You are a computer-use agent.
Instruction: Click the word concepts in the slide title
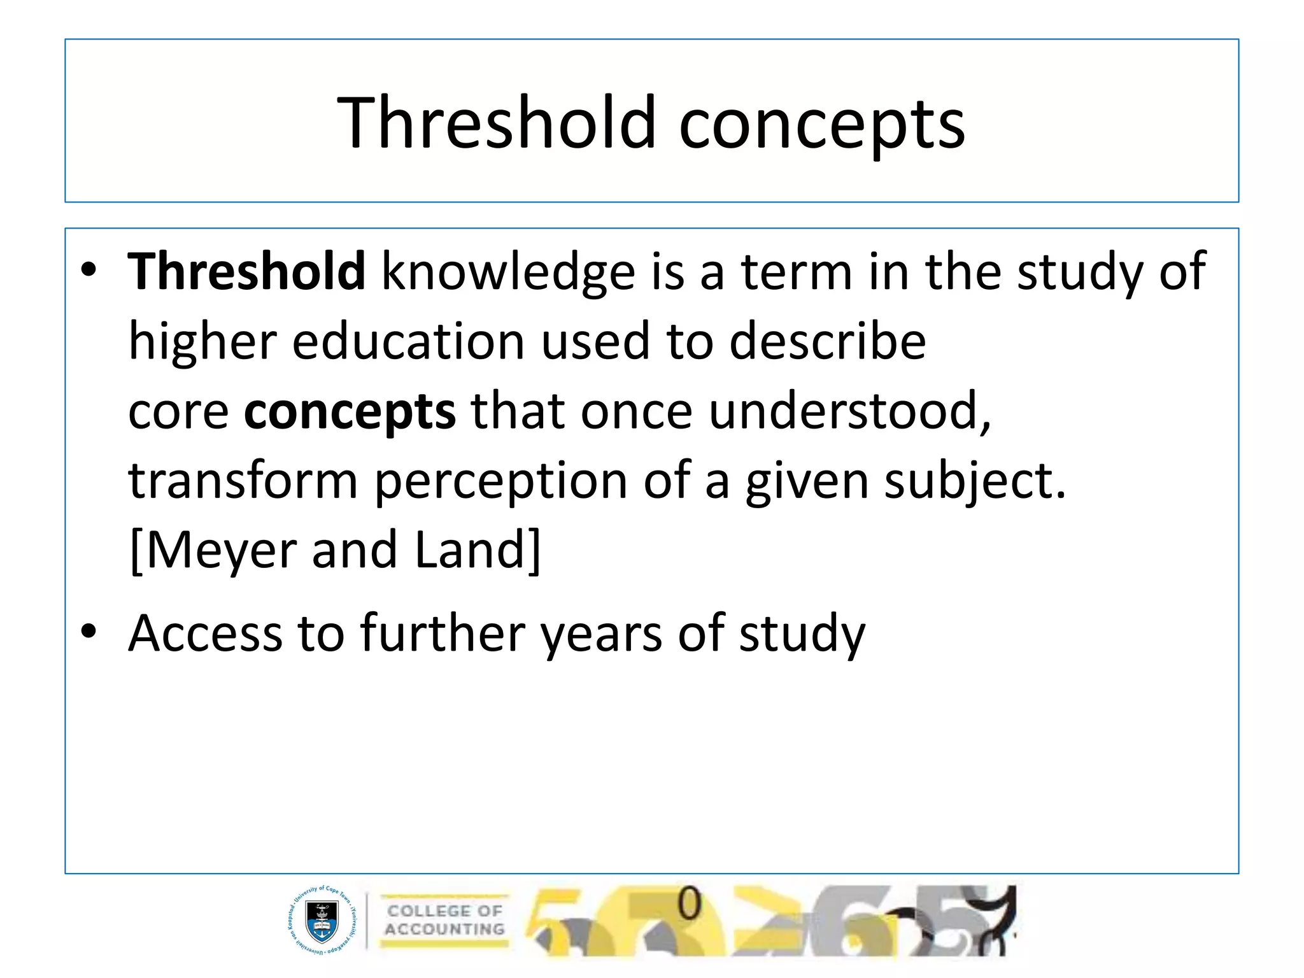click(822, 125)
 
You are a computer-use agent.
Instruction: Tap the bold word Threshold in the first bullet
click(246, 271)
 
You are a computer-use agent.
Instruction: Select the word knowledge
click(508, 273)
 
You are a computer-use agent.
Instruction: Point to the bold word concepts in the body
click(350, 413)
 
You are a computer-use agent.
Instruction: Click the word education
click(408, 342)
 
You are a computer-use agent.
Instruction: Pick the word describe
click(827, 342)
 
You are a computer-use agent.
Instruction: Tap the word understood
click(850, 411)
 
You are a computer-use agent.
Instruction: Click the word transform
click(243, 481)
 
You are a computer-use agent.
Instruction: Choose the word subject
click(974, 482)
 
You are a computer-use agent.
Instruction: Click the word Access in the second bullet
click(205, 634)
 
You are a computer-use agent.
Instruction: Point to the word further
click(442, 634)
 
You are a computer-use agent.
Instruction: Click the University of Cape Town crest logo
click(322, 919)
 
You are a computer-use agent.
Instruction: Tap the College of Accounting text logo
click(444, 920)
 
